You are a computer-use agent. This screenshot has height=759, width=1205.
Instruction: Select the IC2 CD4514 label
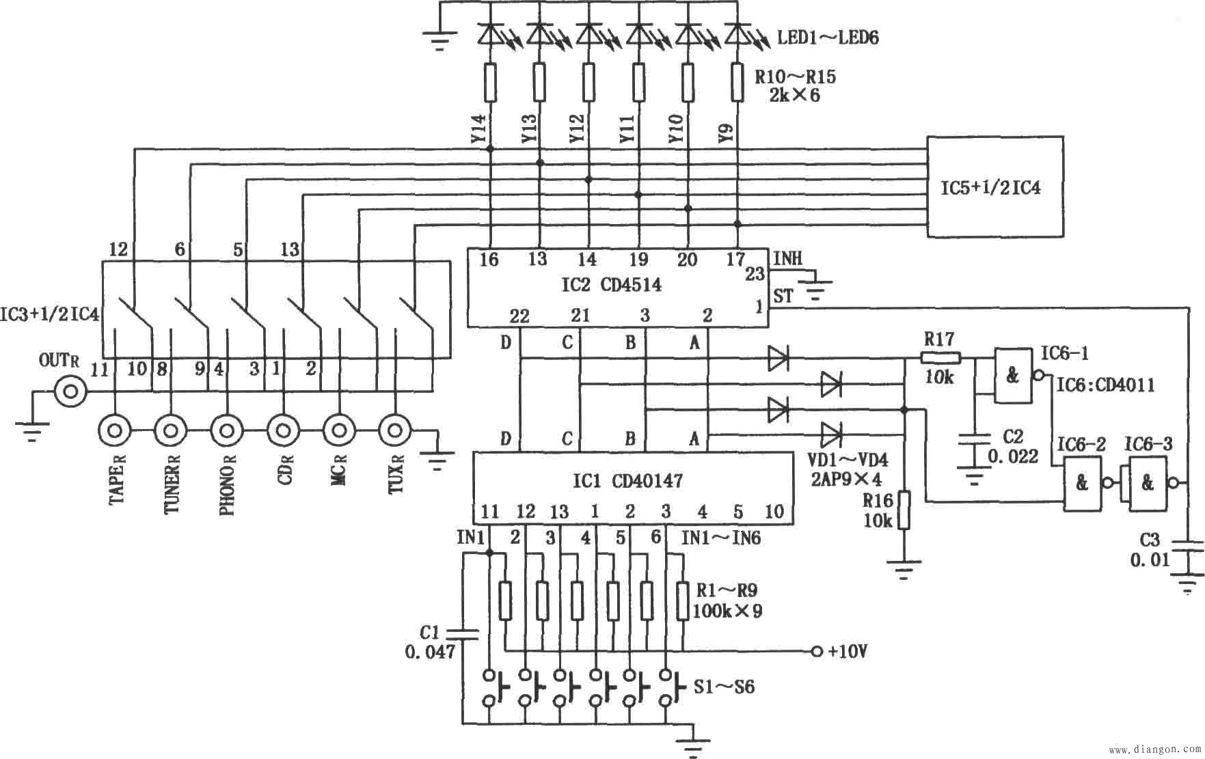coord(611,284)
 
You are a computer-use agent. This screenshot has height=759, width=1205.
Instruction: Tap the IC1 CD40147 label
coord(627,481)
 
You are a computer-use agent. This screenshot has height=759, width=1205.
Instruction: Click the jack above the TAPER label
coord(115,431)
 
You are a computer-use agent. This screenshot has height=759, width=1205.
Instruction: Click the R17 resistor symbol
coord(940,357)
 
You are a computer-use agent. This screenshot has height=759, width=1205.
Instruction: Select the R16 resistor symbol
coord(904,510)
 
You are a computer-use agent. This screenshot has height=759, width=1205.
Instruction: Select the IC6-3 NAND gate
coord(1148,483)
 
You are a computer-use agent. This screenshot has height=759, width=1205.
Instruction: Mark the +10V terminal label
coord(848,651)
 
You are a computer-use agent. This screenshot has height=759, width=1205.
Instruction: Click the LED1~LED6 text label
coord(828,37)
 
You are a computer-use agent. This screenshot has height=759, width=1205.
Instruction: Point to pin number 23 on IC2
coord(755,275)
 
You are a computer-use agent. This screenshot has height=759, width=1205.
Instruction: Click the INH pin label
coord(787,258)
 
